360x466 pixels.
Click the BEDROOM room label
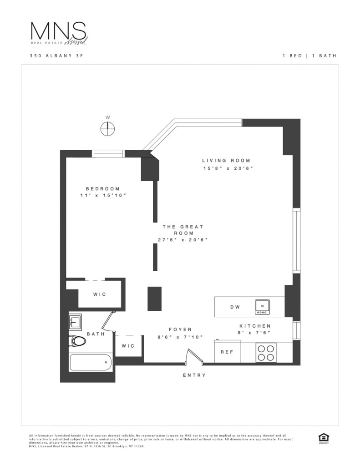tap(103, 189)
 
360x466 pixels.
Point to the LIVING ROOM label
tap(226, 160)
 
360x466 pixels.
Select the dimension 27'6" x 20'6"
tap(183, 240)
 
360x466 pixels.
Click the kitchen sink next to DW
tap(263, 307)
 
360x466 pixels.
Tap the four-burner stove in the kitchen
tap(266, 352)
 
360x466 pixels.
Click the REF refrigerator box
tap(227, 352)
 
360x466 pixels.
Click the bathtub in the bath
tap(91, 362)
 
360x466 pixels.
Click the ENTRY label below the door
tap(194, 375)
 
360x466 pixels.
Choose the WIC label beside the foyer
tap(128, 346)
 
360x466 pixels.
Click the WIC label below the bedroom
tap(100, 294)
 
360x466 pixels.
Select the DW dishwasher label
tap(235, 307)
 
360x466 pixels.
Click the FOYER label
tap(180, 329)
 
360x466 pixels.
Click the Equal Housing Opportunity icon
tap(324, 437)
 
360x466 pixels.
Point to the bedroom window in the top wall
tap(108, 153)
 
